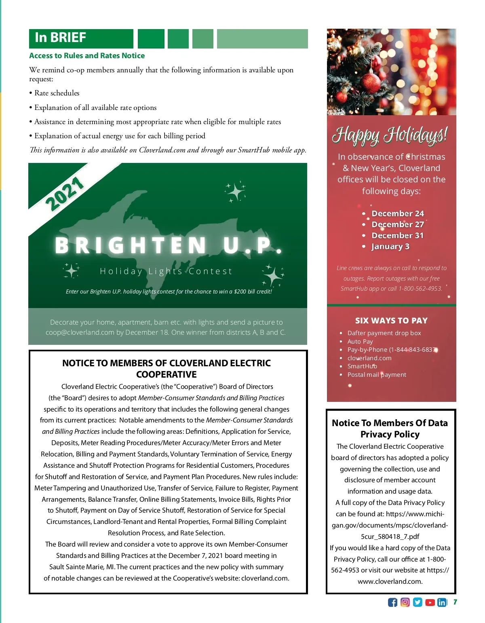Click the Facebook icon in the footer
tap(392, 602)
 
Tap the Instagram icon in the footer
tap(405, 602)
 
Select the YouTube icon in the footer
tap(430, 602)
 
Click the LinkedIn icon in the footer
tap(442, 602)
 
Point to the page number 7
tap(455, 602)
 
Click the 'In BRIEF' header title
tap(61, 38)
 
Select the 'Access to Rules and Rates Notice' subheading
tap(87, 56)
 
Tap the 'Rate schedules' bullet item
tap(57, 93)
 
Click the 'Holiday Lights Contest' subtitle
tap(166, 271)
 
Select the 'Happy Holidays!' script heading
tap(390, 135)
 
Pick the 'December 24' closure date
tap(398, 213)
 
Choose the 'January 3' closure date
tap(390, 247)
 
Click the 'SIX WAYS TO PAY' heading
tap(391, 321)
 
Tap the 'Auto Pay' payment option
tap(360, 342)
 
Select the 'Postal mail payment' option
tap(377, 375)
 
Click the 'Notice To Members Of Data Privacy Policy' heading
tap(390, 429)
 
